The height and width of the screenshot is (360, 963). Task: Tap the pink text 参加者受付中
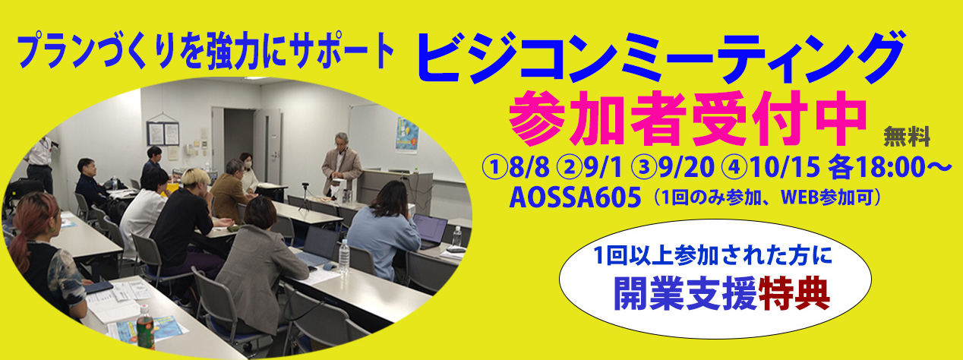coord(687,118)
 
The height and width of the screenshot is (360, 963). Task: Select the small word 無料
coord(907,137)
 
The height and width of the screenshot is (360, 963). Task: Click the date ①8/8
coord(516,167)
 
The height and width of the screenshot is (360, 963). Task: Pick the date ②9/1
coord(589,167)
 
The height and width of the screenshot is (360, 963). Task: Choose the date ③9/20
coord(672,167)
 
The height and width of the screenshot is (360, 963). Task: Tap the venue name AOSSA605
coord(575,198)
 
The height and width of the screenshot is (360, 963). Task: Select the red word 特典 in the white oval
coord(794,295)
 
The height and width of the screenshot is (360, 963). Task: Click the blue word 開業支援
coord(685,295)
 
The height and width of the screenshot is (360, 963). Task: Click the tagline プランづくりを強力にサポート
coord(207,51)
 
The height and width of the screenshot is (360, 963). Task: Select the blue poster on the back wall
coord(407,134)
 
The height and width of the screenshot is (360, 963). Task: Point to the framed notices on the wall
coord(163,134)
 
